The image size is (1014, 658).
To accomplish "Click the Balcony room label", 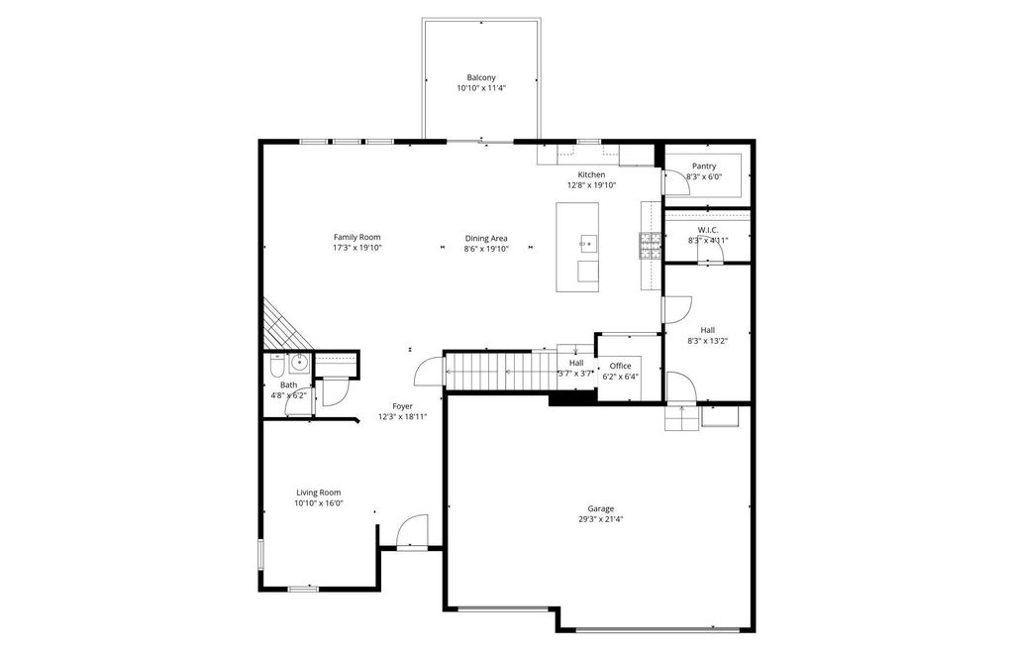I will tap(481, 77).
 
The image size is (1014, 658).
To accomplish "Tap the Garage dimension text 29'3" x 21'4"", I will tap(601, 519).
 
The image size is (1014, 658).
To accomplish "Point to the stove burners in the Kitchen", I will tap(650, 245).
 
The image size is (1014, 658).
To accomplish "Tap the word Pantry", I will tap(704, 166).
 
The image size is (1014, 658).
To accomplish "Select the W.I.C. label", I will tap(708, 230).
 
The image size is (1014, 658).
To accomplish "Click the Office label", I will tap(620, 366).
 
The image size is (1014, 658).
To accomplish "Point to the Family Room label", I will tap(356, 237).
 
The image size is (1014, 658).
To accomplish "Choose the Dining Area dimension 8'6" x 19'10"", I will tap(486, 249).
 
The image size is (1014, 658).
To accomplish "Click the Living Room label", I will tap(318, 493).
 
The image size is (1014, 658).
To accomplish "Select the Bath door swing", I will tap(334, 393).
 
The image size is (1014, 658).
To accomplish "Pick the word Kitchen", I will tap(591, 174).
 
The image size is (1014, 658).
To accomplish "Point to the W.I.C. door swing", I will tap(711, 253).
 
